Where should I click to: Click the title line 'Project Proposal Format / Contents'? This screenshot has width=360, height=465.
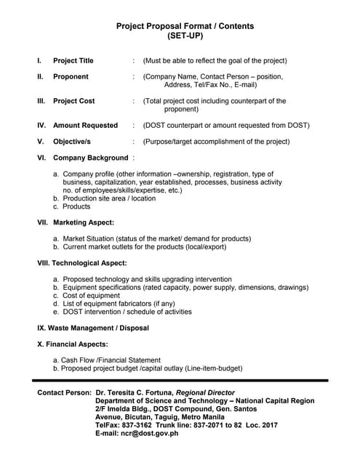185,26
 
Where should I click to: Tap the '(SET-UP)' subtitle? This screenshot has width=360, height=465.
185,36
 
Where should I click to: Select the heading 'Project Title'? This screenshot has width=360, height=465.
73,60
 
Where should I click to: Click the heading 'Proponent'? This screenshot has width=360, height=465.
71,76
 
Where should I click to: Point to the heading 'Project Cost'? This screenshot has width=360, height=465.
74,101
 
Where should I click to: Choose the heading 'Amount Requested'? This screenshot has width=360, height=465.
85,125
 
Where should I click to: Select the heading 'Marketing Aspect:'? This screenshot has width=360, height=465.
84,222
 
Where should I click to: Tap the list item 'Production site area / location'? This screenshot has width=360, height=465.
109,198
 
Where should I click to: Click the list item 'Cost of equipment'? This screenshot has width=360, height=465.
93,296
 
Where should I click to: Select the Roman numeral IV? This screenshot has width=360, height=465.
41,125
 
